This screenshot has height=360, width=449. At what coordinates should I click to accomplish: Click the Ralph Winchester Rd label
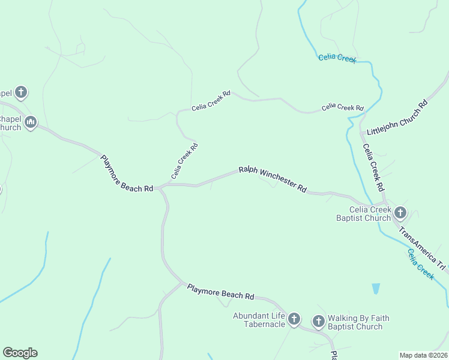pyautogui.click(x=273, y=179)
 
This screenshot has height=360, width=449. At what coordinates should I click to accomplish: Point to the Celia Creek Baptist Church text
pyautogui.click(x=363, y=214)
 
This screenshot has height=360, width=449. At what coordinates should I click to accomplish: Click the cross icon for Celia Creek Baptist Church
pyautogui.click(x=400, y=212)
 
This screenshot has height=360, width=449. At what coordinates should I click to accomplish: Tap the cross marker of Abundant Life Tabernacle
pyautogui.click(x=294, y=319)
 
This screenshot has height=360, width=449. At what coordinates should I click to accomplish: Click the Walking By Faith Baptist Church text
pyautogui.click(x=359, y=323)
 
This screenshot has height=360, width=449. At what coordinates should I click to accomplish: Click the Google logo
pyautogui.click(x=20, y=353)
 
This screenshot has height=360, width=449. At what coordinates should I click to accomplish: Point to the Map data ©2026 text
pyautogui.click(x=424, y=355)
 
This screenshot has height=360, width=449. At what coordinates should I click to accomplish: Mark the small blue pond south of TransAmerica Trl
pyautogui.click(x=376, y=289)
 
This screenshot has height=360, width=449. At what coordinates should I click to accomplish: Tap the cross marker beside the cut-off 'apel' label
pyautogui.click(x=21, y=92)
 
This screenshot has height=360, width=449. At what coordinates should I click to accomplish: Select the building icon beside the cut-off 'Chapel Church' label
pyautogui.click(x=30, y=123)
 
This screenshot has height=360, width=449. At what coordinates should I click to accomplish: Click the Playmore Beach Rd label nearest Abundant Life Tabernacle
pyautogui.click(x=220, y=292)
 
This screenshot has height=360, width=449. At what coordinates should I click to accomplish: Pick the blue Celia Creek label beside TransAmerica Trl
pyautogui.click(x=420, y=263)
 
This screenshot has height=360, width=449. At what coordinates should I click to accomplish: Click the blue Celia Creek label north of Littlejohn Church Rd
pyautogui.click(x=337, y=58)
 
